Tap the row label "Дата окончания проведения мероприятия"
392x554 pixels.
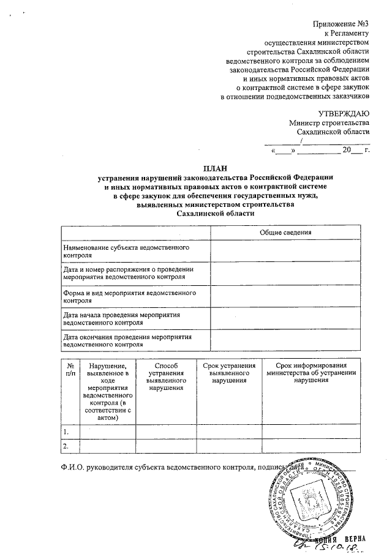pyautogui.click(x=125, y=340)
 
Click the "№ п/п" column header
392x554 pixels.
pyautogui.click(x=70, y=369)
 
